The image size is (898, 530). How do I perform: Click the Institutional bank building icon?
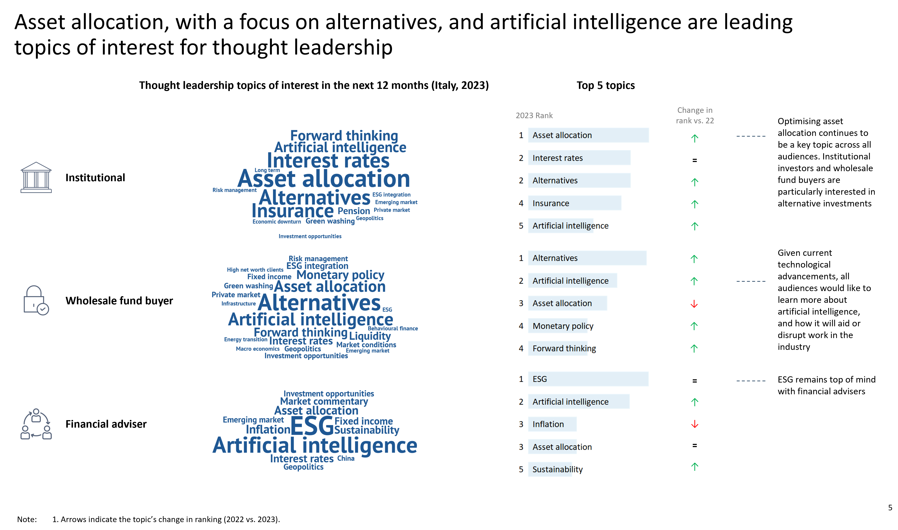click(x=36, y=178)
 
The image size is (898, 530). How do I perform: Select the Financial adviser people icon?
click(x=36, y=424)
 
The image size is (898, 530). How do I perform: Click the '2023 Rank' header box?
click(x=534, y=115)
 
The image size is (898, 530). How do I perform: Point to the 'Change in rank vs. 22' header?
click(x=695, y=115)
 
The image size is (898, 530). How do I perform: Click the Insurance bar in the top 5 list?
click(x=574, y=203)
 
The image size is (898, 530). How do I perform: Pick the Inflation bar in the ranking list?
click(x=552, y=424)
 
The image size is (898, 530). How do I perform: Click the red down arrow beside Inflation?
click(x=695, y=424)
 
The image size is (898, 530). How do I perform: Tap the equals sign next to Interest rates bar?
click(x=695, y=160)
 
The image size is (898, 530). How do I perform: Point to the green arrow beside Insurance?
click(x=695, y=204)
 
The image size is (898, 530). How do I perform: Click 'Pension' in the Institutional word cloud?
click(x=354, y=211)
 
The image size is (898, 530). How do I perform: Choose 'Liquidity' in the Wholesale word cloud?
click(x=370, y=336)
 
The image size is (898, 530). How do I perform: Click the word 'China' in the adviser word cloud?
click(x=346, y=458)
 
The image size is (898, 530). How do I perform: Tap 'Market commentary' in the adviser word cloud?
click(x=324, y=401)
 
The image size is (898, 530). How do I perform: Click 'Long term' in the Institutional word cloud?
click(x=267, y=170)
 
